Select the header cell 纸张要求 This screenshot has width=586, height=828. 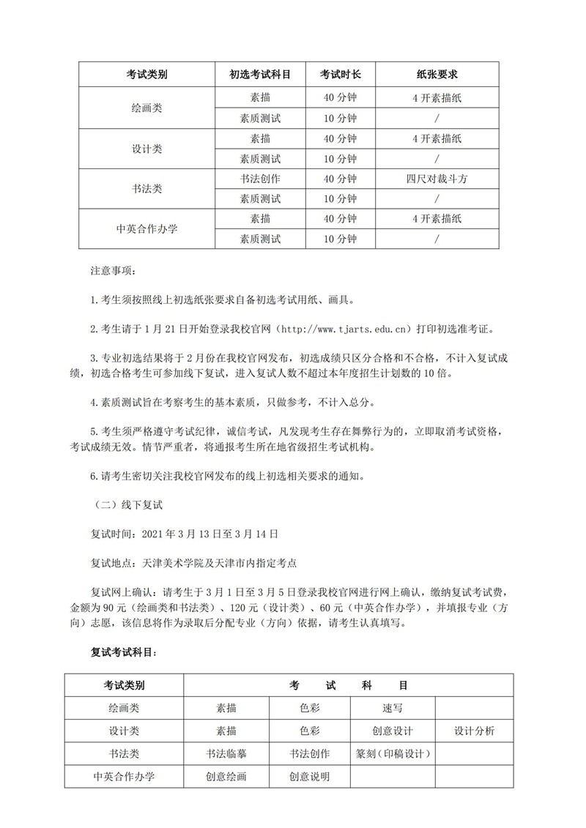pyautogui.click(x=437, y=75)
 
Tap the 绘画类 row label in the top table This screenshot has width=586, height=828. pyautogui.click(x=146, y=108)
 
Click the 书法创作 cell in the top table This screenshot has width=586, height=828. pyautogui.click(x=260, y=179)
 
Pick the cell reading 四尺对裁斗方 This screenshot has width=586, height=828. pyautogui.click(x=437, y=179)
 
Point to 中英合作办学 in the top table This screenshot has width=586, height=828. pyautogui.click(x=146, y=228)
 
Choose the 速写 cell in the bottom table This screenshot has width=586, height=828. pyautogui.click(x=393, y=708)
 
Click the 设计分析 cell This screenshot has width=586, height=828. pyautogui.click(x=474, y=731)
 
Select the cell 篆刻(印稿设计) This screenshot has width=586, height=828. pyautogui.click(x=393, y=753)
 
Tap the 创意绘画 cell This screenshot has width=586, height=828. pyautogui.click(x=226, y=776)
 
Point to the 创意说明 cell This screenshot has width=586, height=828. pyautogui.click(x=309, y=776)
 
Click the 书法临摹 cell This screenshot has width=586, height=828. pyautogui.click(x=226, y=753)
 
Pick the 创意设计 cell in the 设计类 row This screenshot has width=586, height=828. pyautogui.click(x=393, y=731)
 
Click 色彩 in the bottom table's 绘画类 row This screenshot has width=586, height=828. pyautogui.click(x=309, y=708)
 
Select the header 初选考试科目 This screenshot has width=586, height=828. pyautogui.click(x=260, y=75)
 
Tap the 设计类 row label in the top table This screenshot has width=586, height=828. pyautogui.click(x=146, y=149)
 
